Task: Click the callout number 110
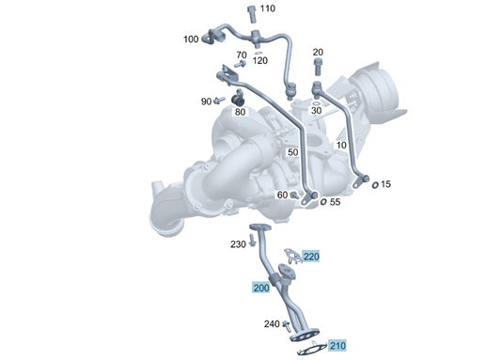pyautogui.click(x=268, y=8)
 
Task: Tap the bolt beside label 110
pyautogui.click(x=252, y=14)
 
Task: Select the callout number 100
pyautogui.click(x=191, y=39)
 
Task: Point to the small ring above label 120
pyautogui.click(x=258, y=53)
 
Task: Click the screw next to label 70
pyautogui.click(x=240, y=64)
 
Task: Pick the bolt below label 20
pyautogui.click(x=318, y=67)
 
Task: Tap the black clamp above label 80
pyautogui.click(x=238, y=99)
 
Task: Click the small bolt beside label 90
pyautogui.click(x=220, y=101)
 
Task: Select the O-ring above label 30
pyautogui.click(x=316, y=103)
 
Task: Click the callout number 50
pyautogui.click(x=292, y=152)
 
